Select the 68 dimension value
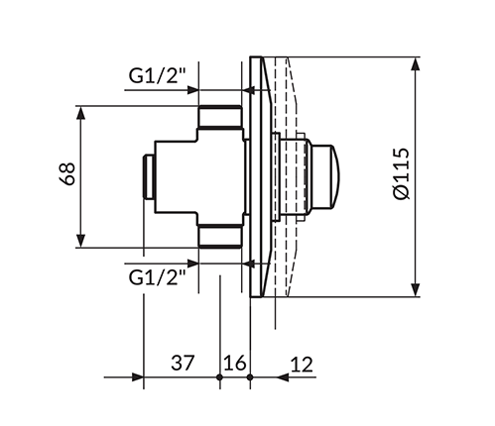point(67,173)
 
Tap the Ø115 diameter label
point(402,173)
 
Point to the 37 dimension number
point(183,363)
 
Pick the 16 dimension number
point(235,363)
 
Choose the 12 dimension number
point(302,365)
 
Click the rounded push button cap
point(325,177)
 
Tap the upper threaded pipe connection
point(220,117)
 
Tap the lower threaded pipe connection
point(220,237)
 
